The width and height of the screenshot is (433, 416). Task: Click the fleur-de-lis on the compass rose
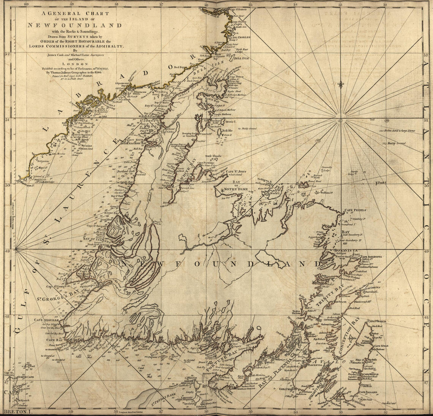pos(341,84)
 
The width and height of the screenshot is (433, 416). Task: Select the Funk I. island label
pos(381,183)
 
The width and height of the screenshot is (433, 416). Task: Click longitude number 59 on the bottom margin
pos(71,411)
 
